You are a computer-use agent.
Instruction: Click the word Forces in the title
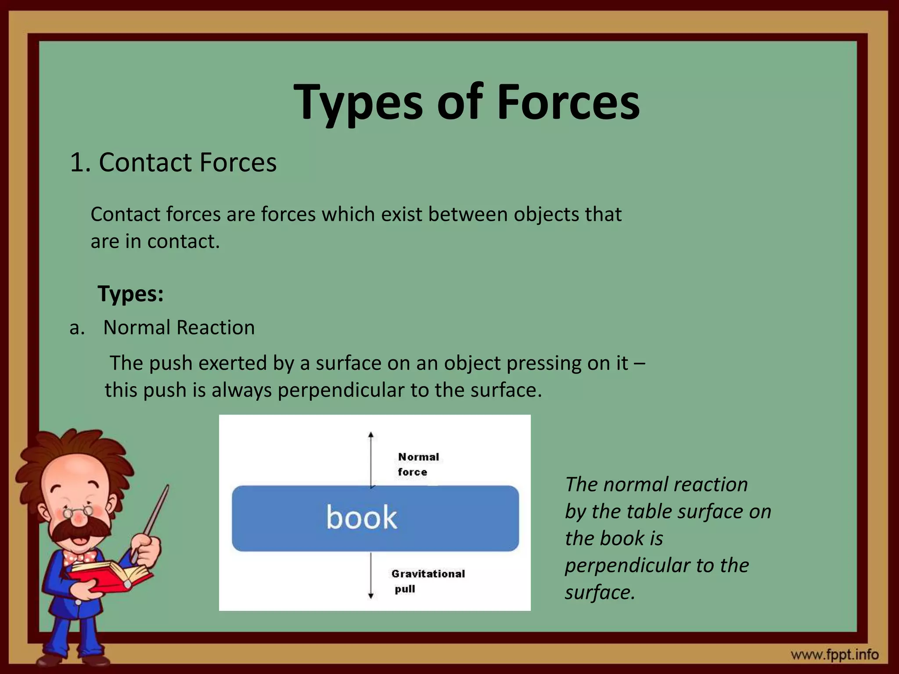(568, 103)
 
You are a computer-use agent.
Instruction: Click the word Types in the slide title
(359, 103)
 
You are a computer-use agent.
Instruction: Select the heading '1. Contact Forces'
(173, 162)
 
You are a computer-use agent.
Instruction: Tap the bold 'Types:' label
(131, 293)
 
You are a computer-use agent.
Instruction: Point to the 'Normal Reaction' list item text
(179, 327)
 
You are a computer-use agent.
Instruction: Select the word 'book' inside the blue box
(361, 517)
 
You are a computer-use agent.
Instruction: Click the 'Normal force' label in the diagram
(418, 464)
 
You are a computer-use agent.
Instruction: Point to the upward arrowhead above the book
(371, 435)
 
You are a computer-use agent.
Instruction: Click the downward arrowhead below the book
(371, 595)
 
